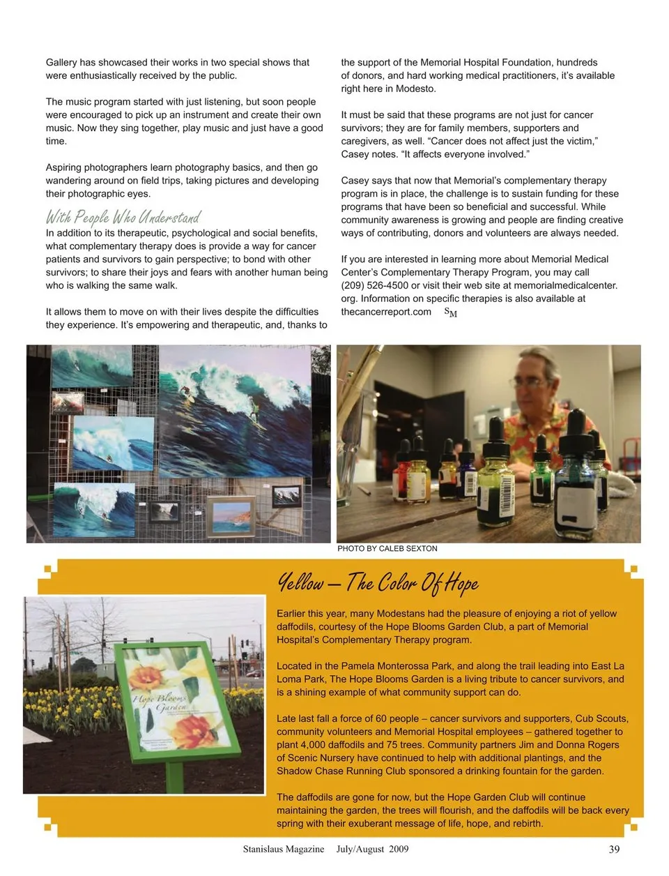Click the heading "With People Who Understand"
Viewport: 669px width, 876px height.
click(x=123, y=217)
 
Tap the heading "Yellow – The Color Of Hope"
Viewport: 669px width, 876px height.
click(x=378, y=582)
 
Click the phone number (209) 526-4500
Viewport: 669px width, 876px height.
click(x=373, y=285)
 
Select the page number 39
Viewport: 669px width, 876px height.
click(x=614, y=849)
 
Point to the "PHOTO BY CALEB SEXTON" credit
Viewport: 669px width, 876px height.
click(x=387, y=549)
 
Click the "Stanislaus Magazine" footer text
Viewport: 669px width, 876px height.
click(x=283, y=849)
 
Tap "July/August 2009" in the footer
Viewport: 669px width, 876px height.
click(x=372, y=849)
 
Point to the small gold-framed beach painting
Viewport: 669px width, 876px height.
click(x=231, y=515)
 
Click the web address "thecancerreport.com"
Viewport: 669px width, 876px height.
click(x=386, y=312)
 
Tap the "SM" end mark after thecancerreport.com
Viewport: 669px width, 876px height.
click(x=451, y=312)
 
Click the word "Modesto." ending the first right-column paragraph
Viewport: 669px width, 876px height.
click(x=416, y=89)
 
